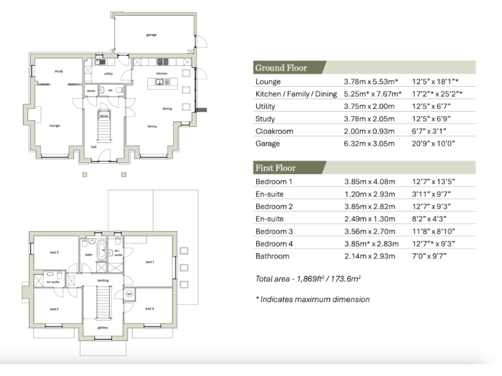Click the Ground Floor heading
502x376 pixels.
tap(281, 68)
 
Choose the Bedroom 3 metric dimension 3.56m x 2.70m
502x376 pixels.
tap(370, 231)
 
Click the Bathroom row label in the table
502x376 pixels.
tap(273, 256)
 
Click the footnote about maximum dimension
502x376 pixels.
tap(312, 300)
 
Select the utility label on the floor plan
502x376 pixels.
tap(109, 74)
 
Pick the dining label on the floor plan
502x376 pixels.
tap(167, 109)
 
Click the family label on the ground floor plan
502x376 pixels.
tap(152, 126)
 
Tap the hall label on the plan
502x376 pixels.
tap(94, 147)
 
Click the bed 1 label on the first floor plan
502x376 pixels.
tap(149, 261)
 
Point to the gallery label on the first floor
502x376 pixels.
tap(102, 328)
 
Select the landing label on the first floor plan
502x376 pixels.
tap(102, 281)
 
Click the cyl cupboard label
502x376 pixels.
tap(129, 294)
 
